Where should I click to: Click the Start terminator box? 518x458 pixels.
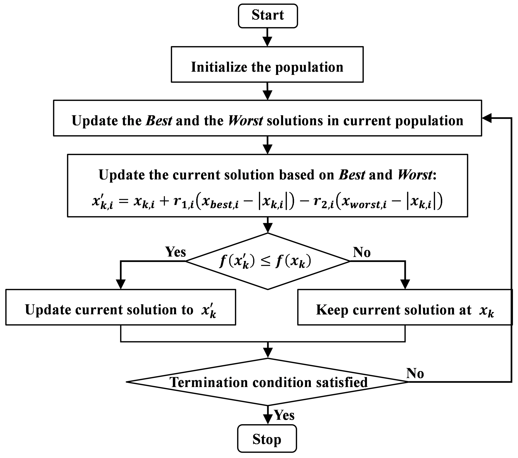click(x=268, y=16)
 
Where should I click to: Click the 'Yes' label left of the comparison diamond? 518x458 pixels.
click(x=175, y=252)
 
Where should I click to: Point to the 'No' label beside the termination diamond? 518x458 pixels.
click(x=415, y=373)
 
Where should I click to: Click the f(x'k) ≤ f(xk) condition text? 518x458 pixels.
click(x=265, y=261)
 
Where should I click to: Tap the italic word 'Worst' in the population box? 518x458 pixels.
click(x=245, y=121)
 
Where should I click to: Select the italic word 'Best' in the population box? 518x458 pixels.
click(x=159, y=121)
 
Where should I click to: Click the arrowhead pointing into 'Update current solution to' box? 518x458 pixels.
click(x=121, y=284)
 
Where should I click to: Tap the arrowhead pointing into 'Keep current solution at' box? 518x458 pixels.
click(x=405, y=284)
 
